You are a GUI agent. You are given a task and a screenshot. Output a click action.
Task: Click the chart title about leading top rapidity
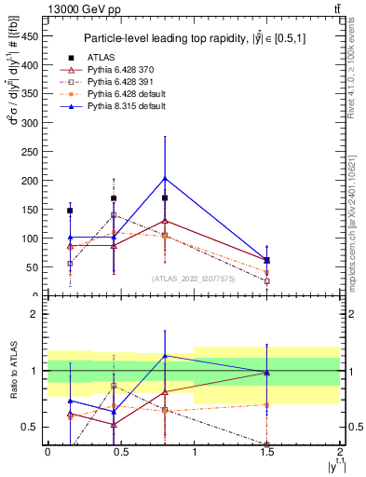194,38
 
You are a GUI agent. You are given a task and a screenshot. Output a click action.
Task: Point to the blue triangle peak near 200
165,178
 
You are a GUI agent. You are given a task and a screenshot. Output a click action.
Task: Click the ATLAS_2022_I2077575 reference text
194,279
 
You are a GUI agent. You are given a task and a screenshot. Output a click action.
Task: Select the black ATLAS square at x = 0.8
165,198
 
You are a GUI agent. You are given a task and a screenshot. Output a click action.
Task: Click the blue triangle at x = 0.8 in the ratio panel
165,356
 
